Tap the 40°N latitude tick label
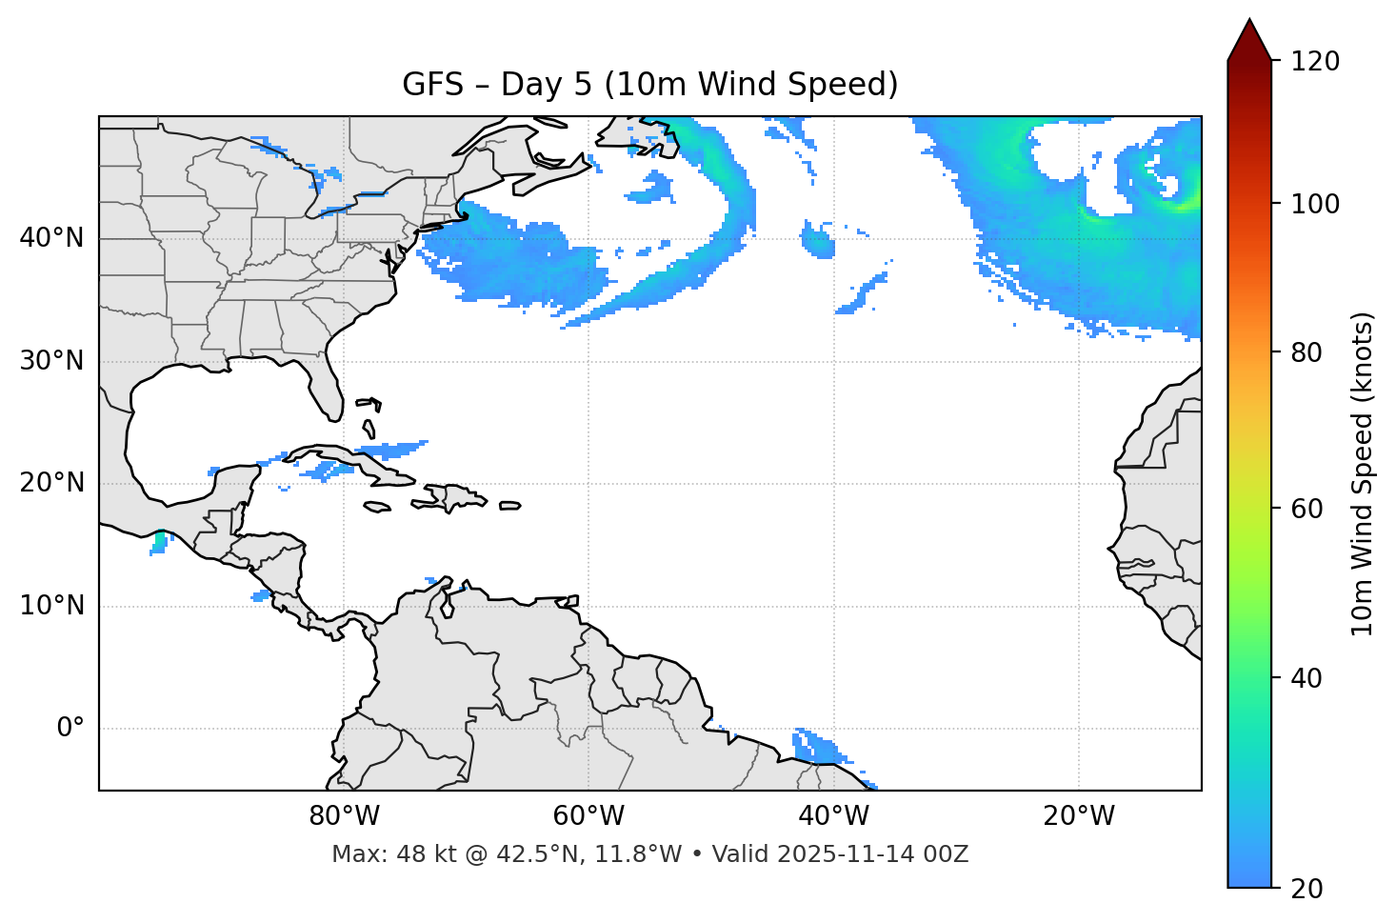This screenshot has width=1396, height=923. click(51, 238)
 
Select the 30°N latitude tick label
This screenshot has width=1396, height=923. click(51, 361)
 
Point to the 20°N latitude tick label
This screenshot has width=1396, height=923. click(51, 483)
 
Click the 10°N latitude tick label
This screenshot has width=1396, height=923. click(51, 606)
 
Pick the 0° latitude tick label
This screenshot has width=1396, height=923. click(70, 729)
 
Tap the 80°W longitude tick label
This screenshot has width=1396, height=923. click(344, 816)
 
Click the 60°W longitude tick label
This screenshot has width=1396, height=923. click(588, 816)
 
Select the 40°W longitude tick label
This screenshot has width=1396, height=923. click(833, 816)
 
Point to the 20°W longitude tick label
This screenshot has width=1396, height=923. click(1078, 816)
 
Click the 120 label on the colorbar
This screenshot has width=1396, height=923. click(1315, 62)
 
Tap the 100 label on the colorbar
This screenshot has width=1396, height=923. click(1315, 204)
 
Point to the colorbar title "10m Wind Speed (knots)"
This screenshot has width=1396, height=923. click(1363, 474)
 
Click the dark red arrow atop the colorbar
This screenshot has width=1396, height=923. click(1249, 41)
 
